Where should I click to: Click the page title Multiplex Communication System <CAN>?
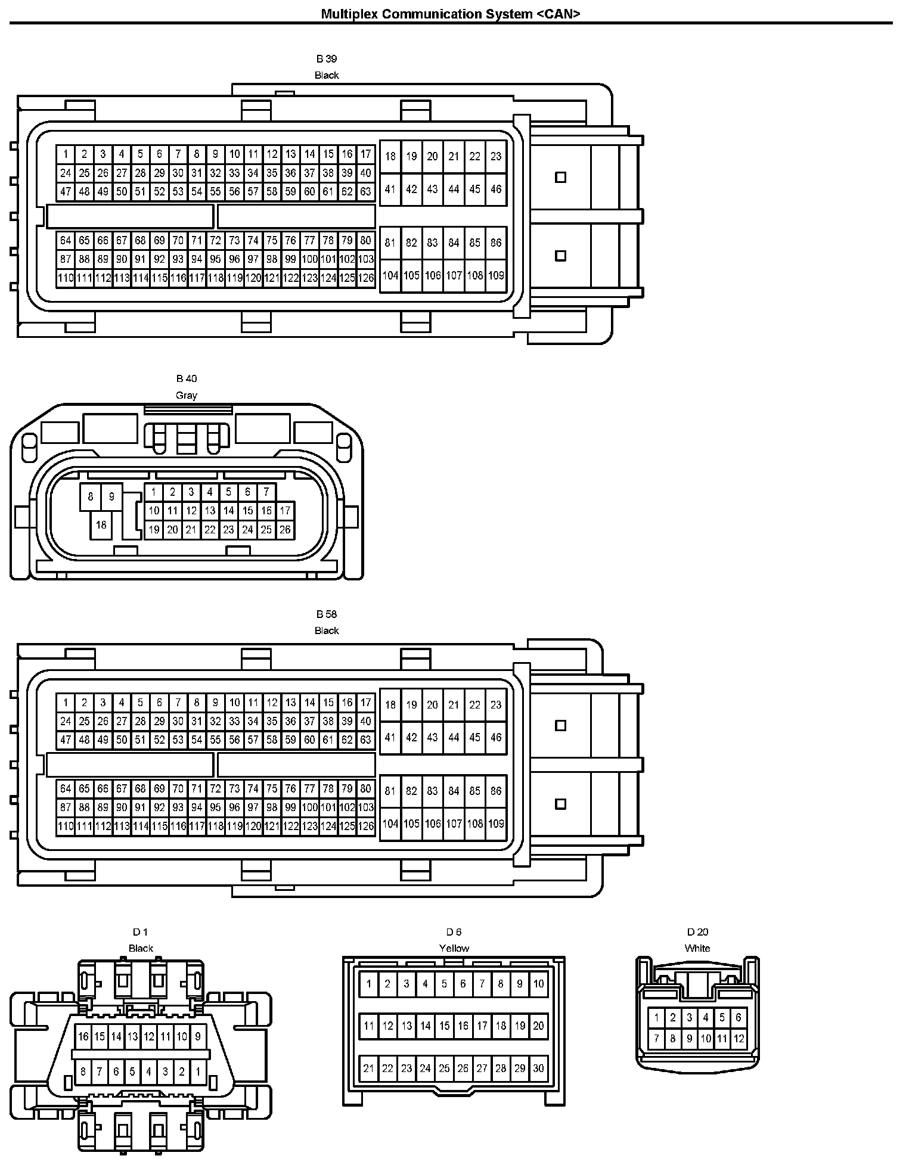point(450,14)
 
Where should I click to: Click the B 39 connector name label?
point(326,59)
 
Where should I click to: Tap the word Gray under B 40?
point(186,395)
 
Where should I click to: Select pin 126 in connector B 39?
point(366,278)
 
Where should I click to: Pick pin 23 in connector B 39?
point(496,156)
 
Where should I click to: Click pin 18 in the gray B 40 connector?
point(101,525)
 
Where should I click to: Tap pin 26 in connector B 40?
point(285,529)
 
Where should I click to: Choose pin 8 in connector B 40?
point(91,496)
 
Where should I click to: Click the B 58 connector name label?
point(326,614)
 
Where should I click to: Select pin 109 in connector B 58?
point(496,824)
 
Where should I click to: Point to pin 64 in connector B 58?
point(66,788)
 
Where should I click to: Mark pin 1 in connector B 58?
point(66,703)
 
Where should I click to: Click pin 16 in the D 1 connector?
point(83,1037)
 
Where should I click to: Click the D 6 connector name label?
point(454,932)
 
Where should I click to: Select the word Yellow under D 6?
point(454,948)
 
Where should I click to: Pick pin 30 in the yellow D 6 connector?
point(538,1068)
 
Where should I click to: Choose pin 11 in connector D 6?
point(369,1026)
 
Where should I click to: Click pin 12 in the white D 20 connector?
point(739,1039)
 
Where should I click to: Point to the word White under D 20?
point(697,948)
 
